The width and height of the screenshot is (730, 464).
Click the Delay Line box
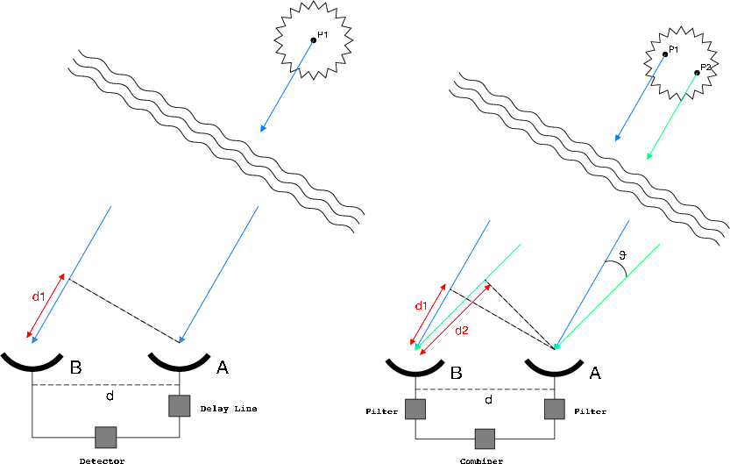[x=180, y=405]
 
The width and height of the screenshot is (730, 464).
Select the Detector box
[x=106, y=436]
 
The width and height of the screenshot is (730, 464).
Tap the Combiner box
[x=485, y=438]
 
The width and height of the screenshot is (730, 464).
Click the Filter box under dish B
[x=415, y=409]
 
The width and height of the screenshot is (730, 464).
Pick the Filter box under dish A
[x=554, y=409]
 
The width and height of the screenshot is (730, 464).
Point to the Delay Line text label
[x=227, y=408]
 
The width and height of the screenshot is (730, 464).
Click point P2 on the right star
[x=698, y=72]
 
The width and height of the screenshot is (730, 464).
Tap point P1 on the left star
[x=313, y=39]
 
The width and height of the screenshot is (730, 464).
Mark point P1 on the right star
[x=664, y=54]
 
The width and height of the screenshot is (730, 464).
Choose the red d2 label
[x=461, y=331]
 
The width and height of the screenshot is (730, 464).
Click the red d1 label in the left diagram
[x=39, y=296]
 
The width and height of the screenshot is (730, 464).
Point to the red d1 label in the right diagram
[x=421, y=305]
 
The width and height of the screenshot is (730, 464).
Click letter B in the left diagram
[x=76, y=368]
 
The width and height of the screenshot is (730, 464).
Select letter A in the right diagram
[x=595, y=373]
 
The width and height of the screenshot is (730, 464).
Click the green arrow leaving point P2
[x=672, y=116]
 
